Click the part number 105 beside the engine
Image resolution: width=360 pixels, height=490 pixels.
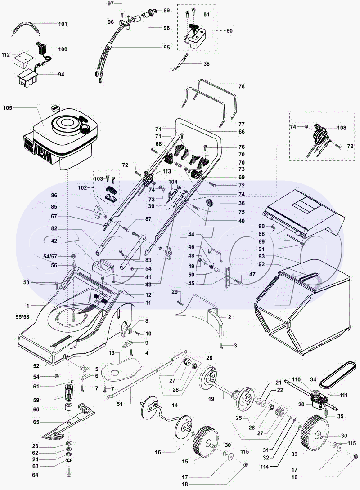[8, 108]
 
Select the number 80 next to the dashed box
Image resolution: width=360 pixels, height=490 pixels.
[229, 31]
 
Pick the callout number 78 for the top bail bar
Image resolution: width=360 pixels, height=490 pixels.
[241, 86]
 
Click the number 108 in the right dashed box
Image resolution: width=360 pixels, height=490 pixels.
[342, 128]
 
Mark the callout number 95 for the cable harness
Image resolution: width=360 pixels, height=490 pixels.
[166, 47]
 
